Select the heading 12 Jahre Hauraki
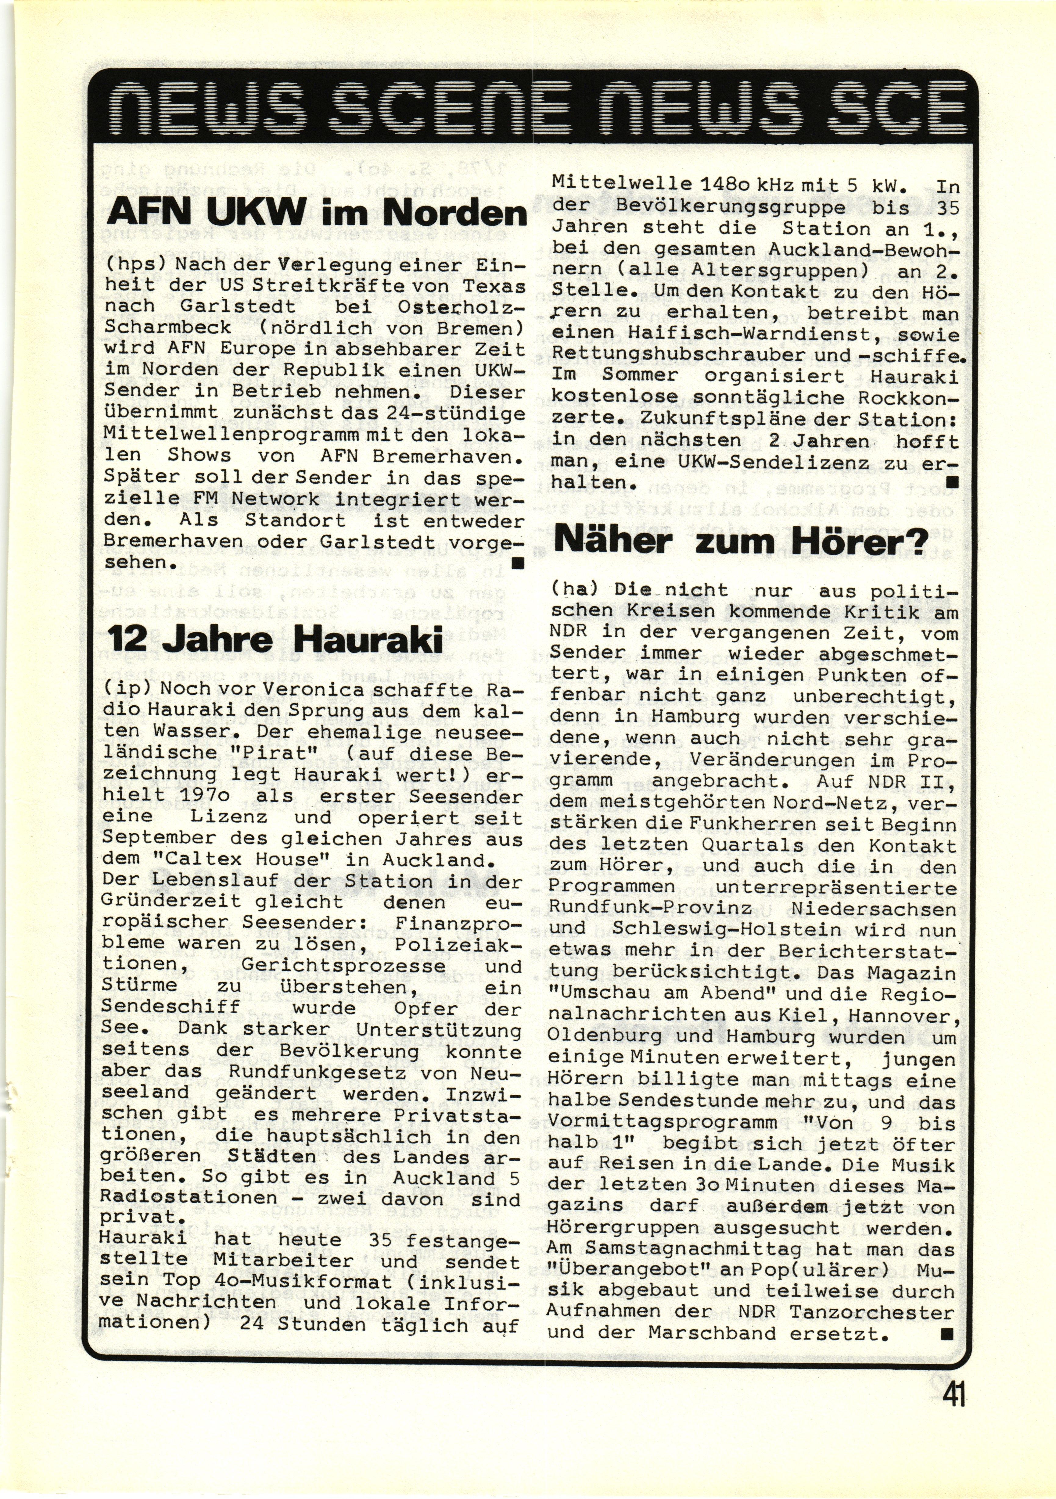[274, 638]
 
